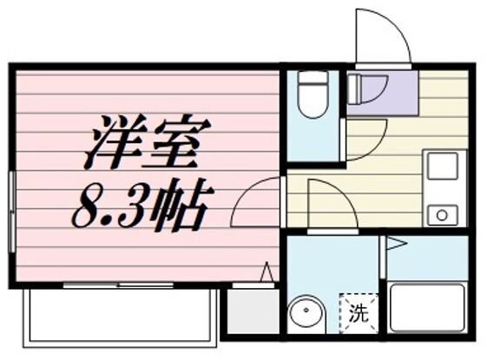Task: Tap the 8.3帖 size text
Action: (139, 206)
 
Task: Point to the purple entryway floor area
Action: (382, 91)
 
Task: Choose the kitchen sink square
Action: (442, 164)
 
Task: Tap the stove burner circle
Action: (442, 213)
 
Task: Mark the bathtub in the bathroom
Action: (426, 306)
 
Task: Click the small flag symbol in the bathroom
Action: (395, 245)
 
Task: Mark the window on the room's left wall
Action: (12, 213)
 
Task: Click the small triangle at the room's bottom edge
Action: (267, 272)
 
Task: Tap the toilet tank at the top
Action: (313, 79)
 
